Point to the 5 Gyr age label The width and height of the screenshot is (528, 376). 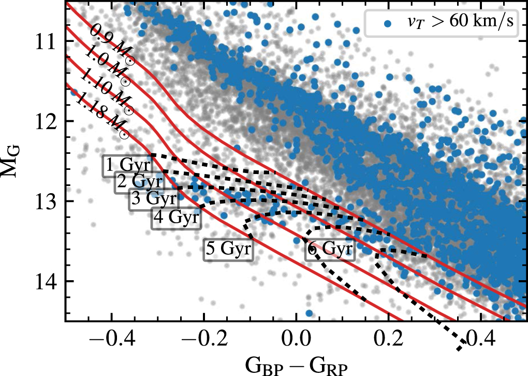[229, 249]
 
